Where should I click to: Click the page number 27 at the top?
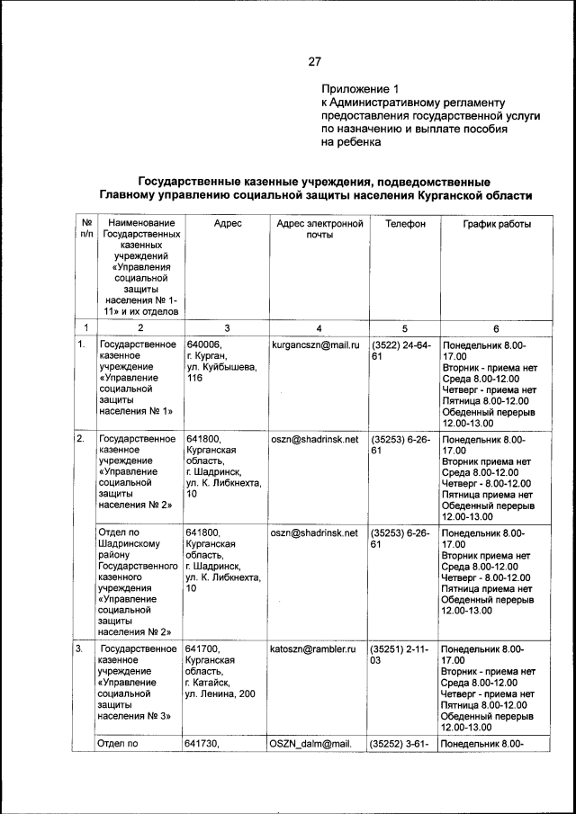click(x=314, y=62)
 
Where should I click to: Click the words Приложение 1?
click(x=359, y=89)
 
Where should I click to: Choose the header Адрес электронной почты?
click(x=319, y=229)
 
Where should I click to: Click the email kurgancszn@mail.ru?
click(x=314, y=344)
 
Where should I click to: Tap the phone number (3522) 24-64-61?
click(x=401, y=350)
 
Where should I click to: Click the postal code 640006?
click(x=204, y=344)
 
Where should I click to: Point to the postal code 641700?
click(x=204, y=649)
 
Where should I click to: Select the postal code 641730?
click(x=204, y=744)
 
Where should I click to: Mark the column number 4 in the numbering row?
click(x=319, y=327)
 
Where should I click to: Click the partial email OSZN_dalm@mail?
click(x=312, y=744)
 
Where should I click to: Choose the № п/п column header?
click(x=85, y=229)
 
